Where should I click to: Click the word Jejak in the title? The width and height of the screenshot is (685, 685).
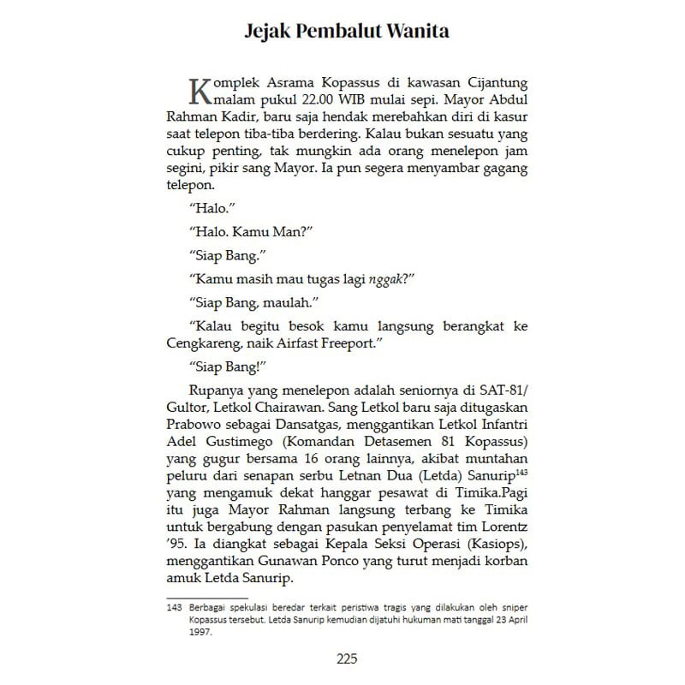[268, 32]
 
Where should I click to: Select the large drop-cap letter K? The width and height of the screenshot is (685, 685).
[197, 89]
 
